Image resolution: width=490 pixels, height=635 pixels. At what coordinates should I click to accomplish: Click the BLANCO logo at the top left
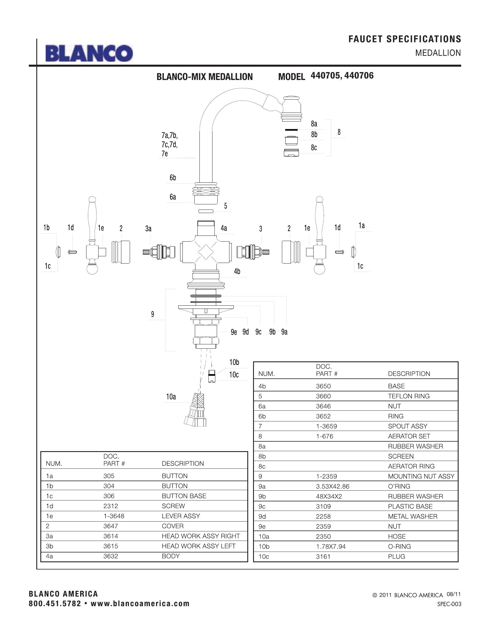89,53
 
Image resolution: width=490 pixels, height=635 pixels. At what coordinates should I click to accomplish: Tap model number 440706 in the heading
359,76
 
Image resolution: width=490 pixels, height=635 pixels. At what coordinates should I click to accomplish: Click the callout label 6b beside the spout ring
173,178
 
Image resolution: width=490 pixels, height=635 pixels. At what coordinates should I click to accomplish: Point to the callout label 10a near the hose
171,397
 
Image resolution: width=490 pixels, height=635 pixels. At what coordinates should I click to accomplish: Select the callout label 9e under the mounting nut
234,332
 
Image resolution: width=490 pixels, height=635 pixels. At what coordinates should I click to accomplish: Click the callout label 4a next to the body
223,228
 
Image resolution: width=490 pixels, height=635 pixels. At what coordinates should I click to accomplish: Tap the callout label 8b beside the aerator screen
314,135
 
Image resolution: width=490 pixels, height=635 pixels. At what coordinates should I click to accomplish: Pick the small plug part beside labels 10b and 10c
212,376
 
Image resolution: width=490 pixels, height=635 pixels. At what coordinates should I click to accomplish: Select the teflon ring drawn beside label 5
206,211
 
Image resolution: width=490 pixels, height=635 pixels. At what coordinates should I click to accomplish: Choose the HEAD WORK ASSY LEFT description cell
199,546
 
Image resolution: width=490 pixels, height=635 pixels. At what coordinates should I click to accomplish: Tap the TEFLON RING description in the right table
409,396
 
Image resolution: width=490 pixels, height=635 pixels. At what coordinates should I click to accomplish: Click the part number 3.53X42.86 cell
333,486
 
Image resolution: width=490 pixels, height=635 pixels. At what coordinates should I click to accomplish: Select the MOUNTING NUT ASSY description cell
421,476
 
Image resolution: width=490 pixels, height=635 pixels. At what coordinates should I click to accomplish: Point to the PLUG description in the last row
397,556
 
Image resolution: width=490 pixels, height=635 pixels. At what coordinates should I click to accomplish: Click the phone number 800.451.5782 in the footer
55,604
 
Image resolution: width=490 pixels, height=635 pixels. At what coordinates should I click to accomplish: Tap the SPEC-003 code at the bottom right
449,604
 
